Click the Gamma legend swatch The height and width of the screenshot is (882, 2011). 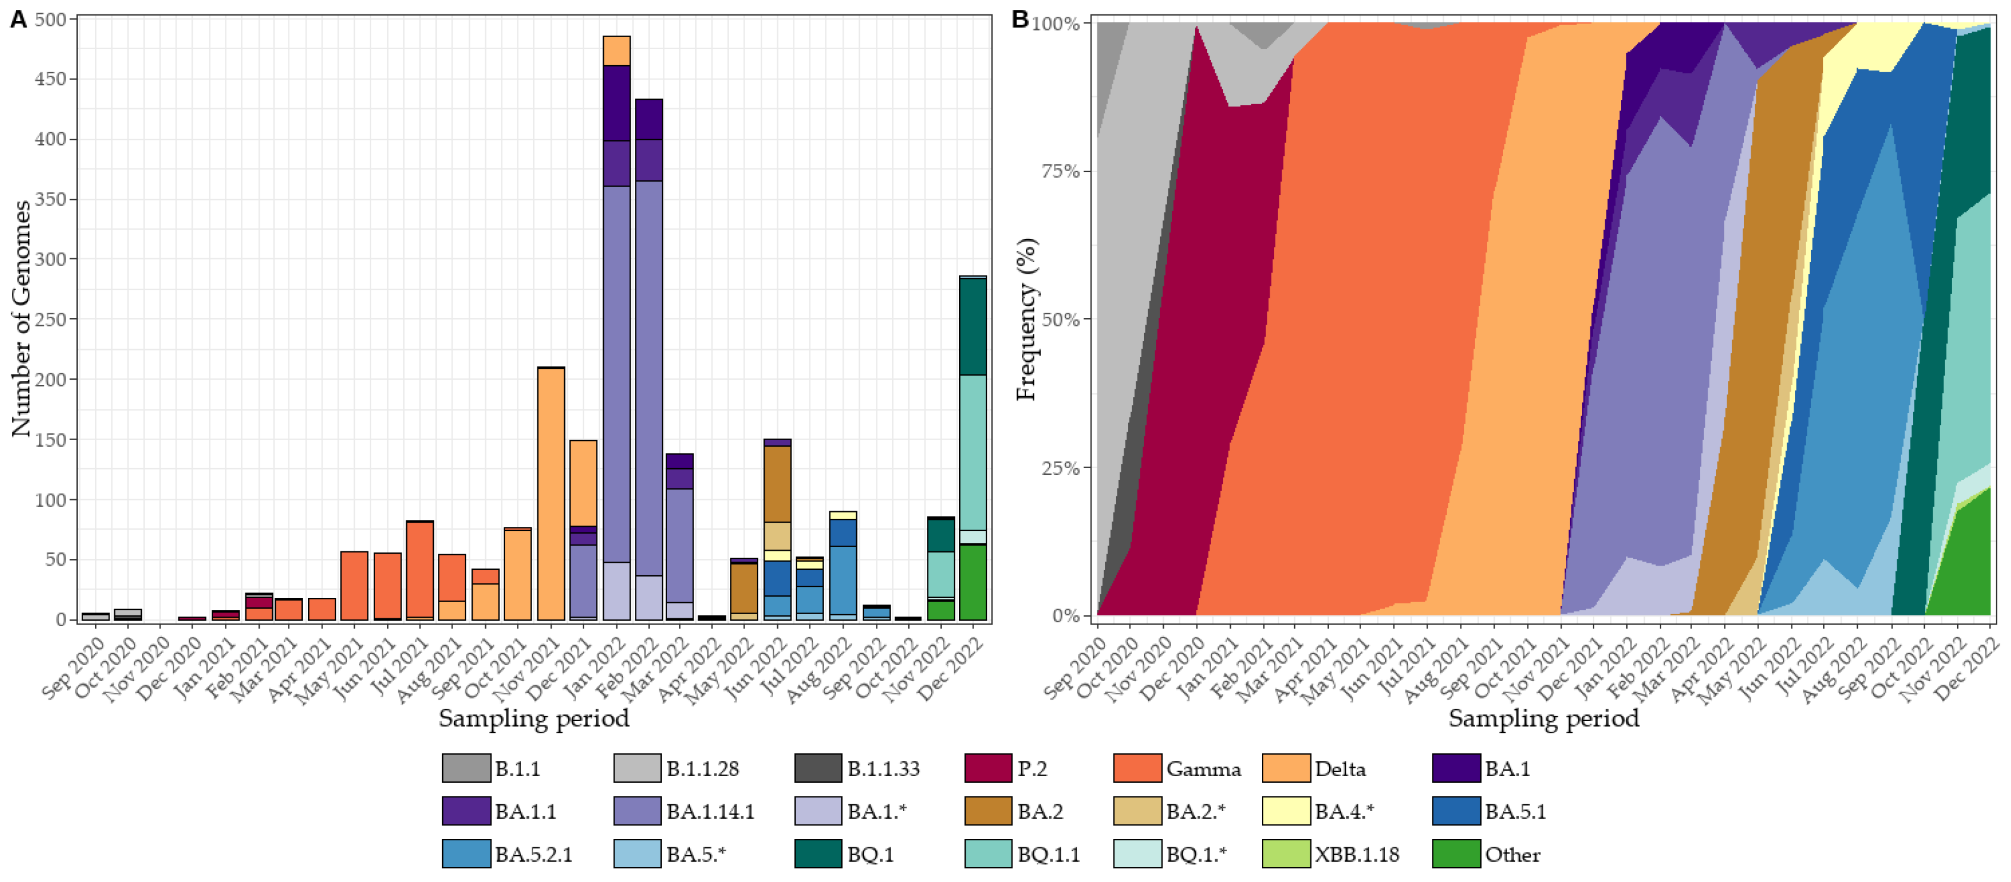click(x=1137, y=768)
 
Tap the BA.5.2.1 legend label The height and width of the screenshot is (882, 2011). click(x=533, y=854)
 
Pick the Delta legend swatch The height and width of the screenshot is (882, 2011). click(x=1285, y=768)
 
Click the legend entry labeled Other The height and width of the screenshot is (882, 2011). click(x=1511, y=854)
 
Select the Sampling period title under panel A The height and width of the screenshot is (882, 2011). click(x=533, y=718)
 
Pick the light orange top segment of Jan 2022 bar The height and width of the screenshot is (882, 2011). click(x=617, y=51)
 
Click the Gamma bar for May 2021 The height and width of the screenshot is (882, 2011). click(x=354, y=585)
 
